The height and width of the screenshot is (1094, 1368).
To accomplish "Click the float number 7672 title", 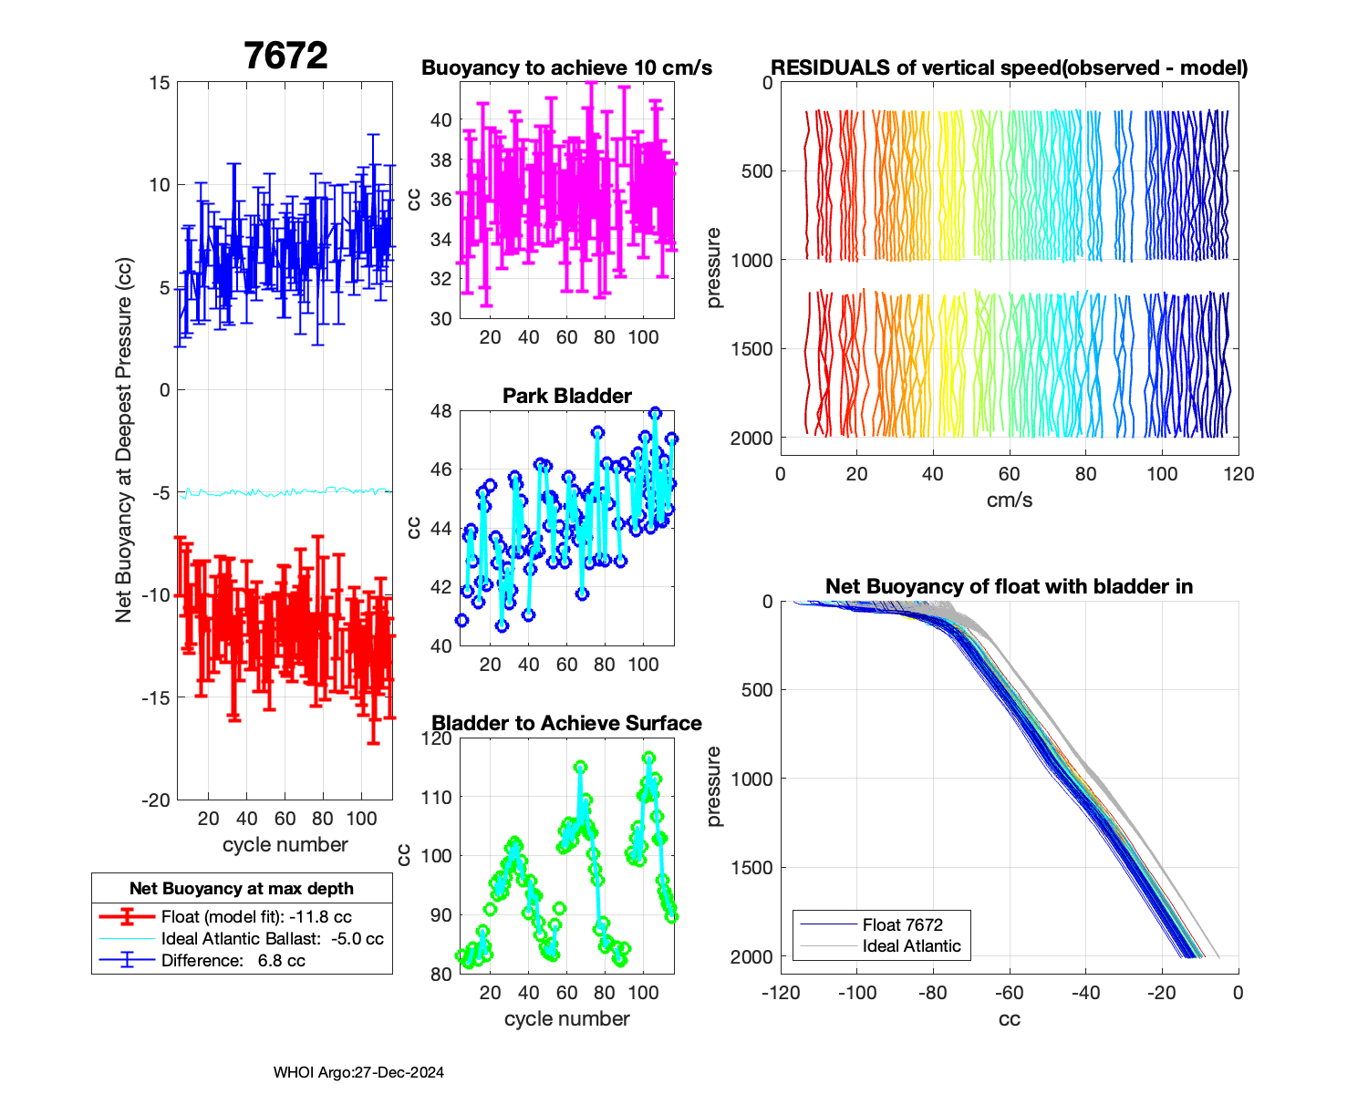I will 285,57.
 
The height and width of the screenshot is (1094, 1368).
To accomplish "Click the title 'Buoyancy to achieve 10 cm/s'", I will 566,68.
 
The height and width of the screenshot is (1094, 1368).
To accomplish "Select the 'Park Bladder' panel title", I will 566,396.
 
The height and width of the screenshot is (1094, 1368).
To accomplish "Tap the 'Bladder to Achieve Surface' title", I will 566,723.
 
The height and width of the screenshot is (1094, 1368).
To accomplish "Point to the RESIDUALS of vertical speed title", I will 1009,68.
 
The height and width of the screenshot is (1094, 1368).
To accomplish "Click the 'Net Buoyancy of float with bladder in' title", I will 1009,586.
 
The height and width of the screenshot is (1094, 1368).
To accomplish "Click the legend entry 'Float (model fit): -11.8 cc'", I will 256,917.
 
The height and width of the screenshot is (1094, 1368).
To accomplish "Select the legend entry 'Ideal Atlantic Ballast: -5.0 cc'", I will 272,939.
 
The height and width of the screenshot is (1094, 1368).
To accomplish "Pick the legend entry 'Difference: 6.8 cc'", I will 233,961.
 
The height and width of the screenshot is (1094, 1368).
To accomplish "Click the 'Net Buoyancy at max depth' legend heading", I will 242,889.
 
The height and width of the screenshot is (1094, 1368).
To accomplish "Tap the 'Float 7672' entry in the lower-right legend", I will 902,924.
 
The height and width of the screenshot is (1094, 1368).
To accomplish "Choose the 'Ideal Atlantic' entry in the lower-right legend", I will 911,946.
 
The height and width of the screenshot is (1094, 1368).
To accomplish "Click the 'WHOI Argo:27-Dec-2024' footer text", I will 358,1073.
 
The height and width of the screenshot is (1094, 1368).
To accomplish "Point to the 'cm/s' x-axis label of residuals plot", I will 1009,500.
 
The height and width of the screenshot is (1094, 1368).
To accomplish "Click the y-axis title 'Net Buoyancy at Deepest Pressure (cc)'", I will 124,440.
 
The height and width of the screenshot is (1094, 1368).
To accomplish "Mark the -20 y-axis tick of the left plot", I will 156,800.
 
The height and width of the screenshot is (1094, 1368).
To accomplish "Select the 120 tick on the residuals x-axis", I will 1238,474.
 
